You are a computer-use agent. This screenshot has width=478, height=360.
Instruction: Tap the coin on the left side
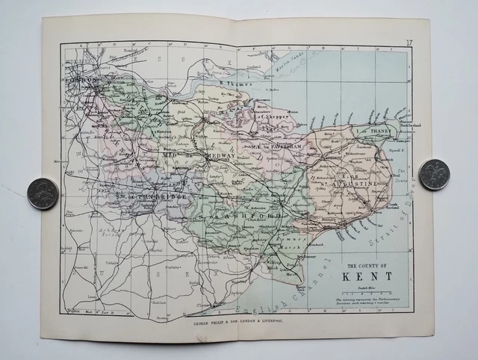[43, 193]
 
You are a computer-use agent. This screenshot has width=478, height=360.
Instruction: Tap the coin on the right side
[434, 174]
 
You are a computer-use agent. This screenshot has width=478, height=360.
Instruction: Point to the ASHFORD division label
[261, 216]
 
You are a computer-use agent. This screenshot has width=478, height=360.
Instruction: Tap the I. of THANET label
[373, 131]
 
